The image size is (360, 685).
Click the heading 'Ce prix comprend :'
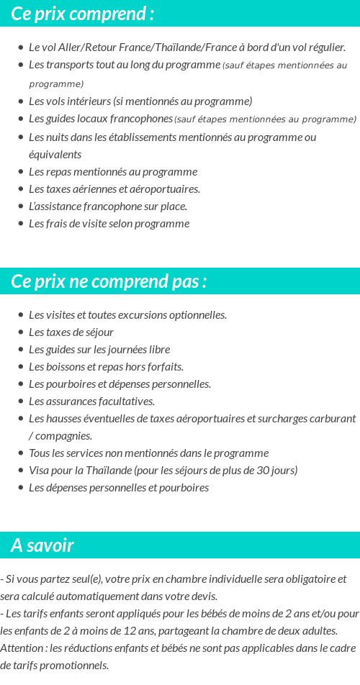(82, 14)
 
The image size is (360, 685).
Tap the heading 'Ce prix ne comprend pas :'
(109, 281)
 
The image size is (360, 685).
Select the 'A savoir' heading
(42, 545)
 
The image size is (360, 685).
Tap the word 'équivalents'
(55, 154)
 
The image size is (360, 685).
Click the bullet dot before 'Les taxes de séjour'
(21, 332)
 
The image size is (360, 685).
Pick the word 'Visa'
(40, 470)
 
